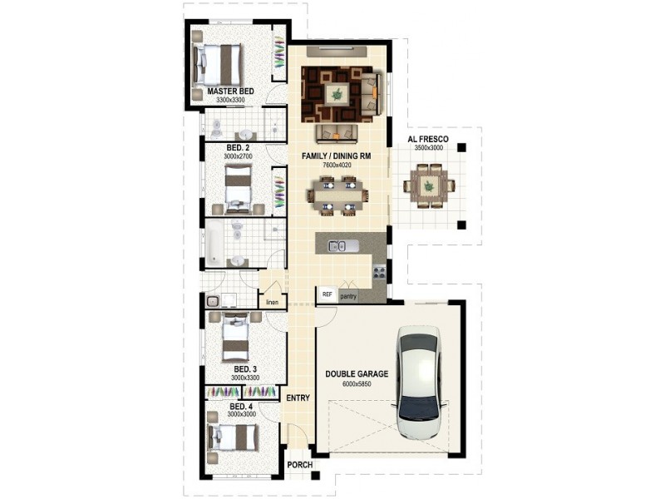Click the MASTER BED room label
tap(231, 91)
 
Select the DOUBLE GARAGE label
tap(357, 373)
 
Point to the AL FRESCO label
tap(428, 139)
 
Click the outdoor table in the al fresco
tap(429, 185)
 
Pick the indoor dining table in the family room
tap(338, 196)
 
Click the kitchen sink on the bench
tap(338, 245)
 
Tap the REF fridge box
tap(327, 294)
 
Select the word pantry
tap(348, 297)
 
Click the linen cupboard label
tap(273, 303)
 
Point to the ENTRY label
tap(298, 398)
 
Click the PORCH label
tap(300, 465)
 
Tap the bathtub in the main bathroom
tap(214, 242)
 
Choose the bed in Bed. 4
tap(233, 437)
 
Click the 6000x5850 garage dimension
tap(357, 384)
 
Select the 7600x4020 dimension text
tap(337, 165)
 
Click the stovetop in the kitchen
tap(379, 271)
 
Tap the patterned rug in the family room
tap(337, 95)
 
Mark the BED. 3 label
tap(245, 369)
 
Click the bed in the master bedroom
tap(219, 65)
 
